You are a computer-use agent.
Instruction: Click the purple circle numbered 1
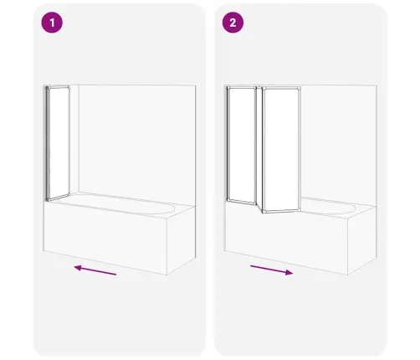point(52,23)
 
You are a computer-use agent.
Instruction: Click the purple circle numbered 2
point(233,23)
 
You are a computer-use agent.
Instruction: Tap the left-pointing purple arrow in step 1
point(95,270)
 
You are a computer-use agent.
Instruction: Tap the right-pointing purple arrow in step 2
point(272,270)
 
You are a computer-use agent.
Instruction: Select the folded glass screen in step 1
point(58,143)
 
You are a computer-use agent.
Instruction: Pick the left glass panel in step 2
point(242,145)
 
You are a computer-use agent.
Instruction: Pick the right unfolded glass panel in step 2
point(281,150)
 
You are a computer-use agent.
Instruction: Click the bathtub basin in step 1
point(117,203)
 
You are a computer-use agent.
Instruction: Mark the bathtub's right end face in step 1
point(181,240)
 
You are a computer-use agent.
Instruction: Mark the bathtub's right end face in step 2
point(362,240)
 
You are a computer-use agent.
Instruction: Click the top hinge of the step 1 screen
point(48,88)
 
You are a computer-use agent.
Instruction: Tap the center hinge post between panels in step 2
point(259,148)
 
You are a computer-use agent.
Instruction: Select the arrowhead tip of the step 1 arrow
point(74,267)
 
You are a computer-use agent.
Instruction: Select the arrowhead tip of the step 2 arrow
point(293,273)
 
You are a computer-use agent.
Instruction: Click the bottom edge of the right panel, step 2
point(281,212)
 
